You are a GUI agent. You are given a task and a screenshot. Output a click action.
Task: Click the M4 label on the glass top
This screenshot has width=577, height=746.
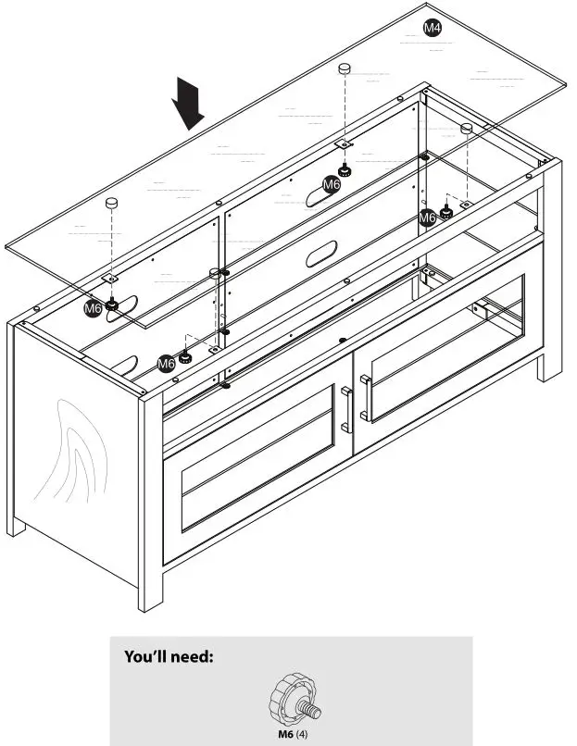coord(433,28)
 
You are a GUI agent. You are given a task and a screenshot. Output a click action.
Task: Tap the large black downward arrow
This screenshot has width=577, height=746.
coord(190,103)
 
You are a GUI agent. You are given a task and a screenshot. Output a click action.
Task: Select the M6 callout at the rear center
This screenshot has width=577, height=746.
coord(332,184)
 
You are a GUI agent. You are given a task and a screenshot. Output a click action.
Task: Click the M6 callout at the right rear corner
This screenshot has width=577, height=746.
coord(427,218)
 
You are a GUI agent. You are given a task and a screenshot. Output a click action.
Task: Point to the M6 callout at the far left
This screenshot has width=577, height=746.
coord(93,308)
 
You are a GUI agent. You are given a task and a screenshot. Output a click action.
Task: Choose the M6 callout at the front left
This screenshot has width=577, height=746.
coord(166,364)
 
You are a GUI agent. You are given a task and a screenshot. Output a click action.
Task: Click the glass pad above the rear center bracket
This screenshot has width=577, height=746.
coord(345,68)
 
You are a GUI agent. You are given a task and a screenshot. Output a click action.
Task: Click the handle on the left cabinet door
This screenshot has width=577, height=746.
coord(347,408)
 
